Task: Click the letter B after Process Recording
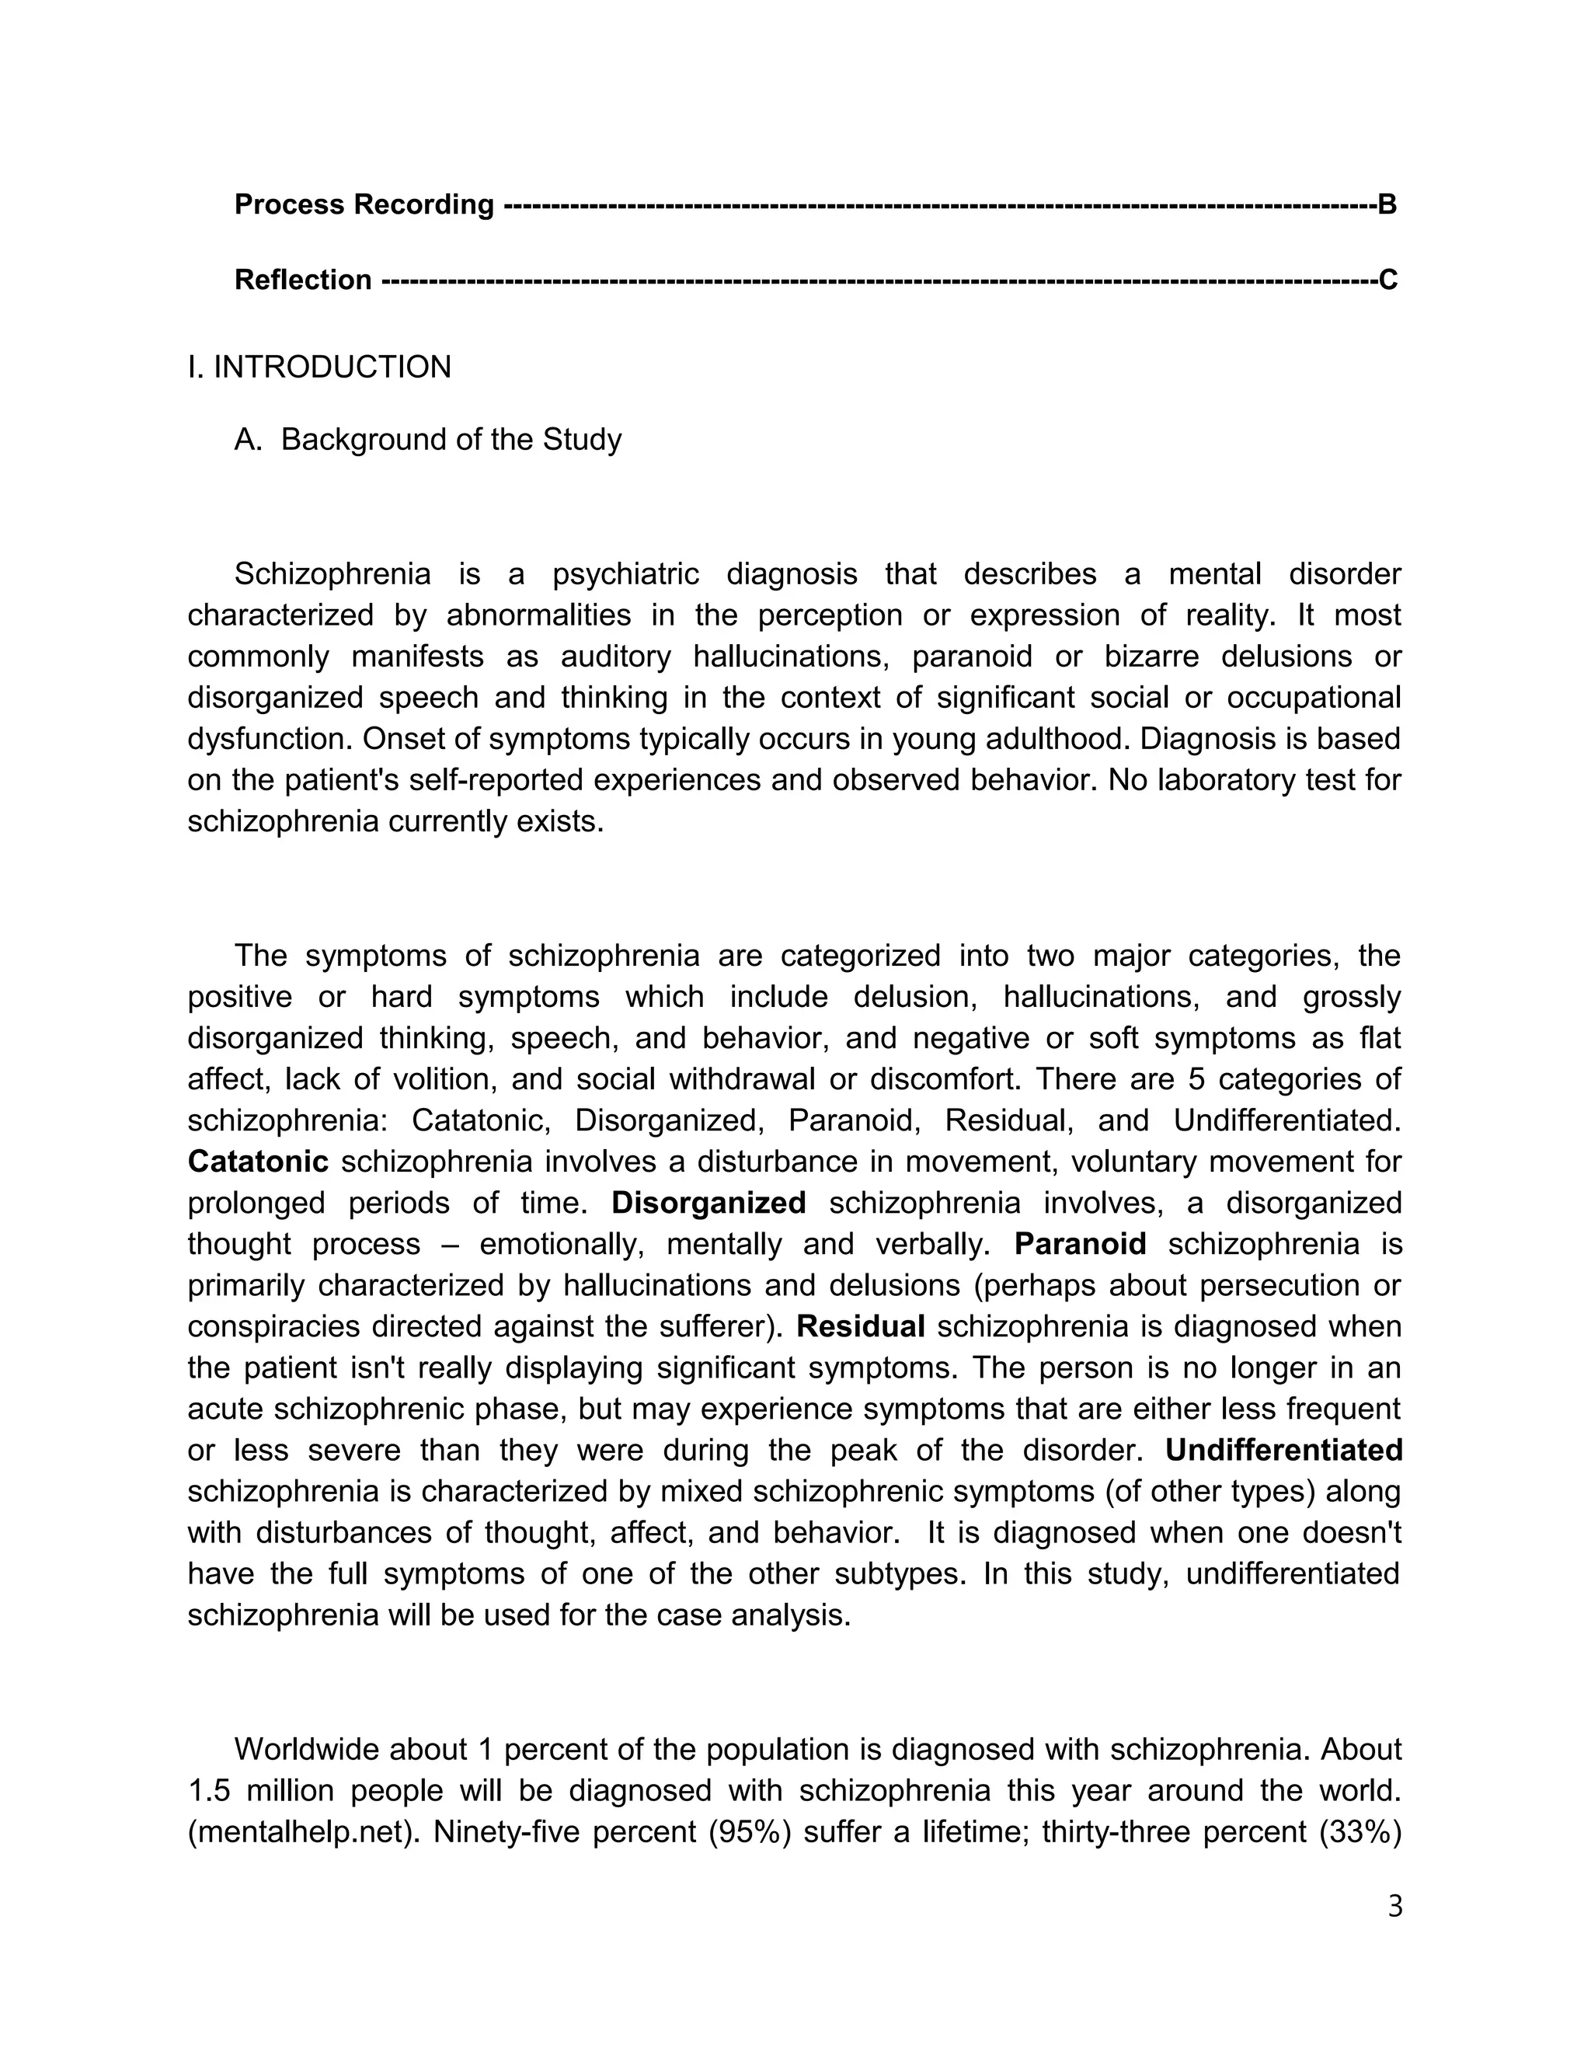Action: (1387, 204)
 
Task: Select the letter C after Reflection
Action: (1387, 280)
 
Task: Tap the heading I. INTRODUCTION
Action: (319, 367)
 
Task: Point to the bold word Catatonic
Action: (258, 1162)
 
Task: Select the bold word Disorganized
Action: (708, 1203)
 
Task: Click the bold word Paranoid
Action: (1080, 1245)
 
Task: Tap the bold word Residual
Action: (861, 1326)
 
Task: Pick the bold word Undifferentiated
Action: (1283, 1450)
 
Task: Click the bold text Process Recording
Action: (364, 204)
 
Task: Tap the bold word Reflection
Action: (302, 280)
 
